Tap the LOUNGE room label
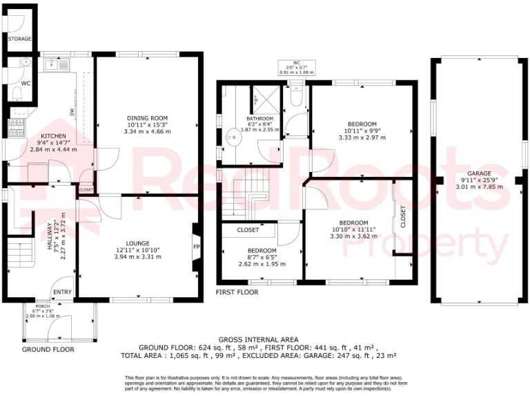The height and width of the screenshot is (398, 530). coord(138,243)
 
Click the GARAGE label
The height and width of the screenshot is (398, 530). coord(478,173)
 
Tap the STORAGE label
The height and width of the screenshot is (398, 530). coord(19,39)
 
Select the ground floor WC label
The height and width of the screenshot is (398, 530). coord(26,84)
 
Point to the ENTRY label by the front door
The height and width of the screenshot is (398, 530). coord(62,292)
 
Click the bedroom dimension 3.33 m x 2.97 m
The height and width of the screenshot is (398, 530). coord(362,138)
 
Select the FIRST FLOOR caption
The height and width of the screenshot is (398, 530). coord(237,292)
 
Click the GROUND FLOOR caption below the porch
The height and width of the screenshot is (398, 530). coord(48,350)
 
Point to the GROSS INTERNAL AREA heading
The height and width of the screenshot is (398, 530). coord(258,339)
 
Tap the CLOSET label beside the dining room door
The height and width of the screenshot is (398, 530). coord(86,189)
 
